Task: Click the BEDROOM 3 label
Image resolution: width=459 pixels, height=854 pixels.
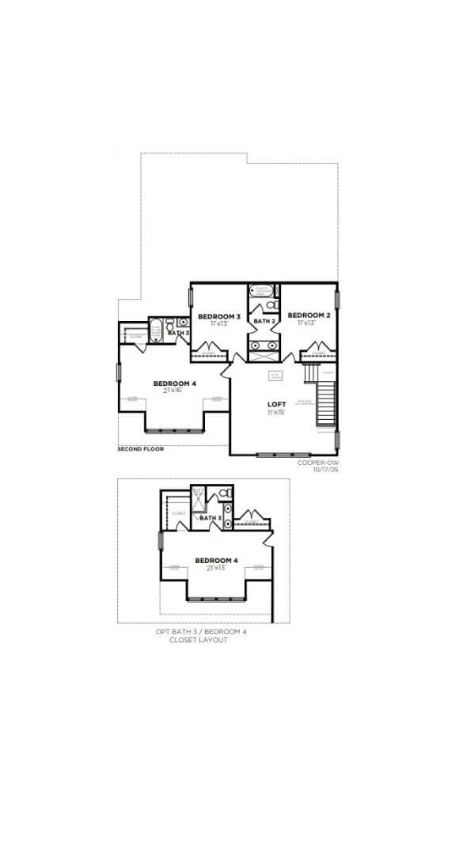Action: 214,316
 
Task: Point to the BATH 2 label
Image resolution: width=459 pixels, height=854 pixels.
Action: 264,321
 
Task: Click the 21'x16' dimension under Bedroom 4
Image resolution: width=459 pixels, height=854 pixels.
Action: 174,391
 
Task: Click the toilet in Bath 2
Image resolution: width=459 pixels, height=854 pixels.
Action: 271,304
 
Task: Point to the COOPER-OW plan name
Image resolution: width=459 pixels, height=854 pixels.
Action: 318,462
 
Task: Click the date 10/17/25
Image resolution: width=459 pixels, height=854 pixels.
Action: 325,470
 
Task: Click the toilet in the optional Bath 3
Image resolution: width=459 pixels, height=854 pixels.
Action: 224,493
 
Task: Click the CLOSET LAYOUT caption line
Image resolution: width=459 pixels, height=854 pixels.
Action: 199,640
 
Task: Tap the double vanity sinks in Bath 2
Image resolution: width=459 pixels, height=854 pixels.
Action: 264,346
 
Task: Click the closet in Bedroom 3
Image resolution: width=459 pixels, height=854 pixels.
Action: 210,350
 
